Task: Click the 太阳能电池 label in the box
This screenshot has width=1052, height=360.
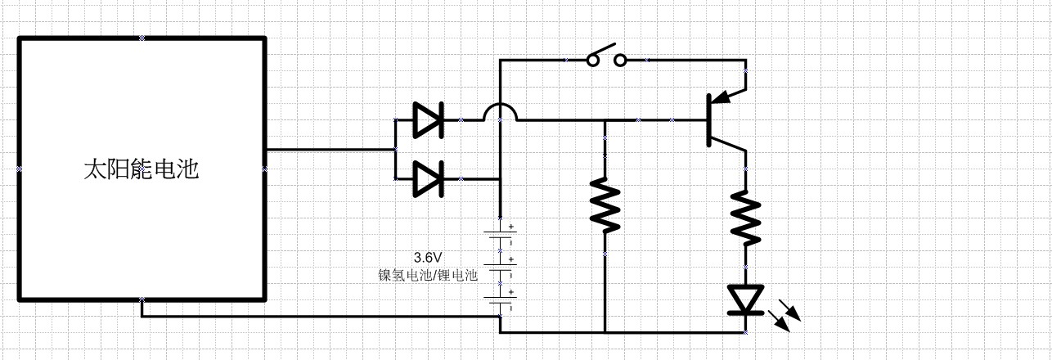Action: point(141,169)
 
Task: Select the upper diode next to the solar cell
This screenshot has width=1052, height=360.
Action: point(427,120)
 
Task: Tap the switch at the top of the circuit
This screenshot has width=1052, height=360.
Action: point(607,59)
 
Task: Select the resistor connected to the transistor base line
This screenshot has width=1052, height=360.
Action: point(605,204)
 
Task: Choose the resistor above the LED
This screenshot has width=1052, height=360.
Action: point(746,218)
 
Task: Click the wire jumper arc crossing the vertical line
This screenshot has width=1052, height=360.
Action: point(500,112)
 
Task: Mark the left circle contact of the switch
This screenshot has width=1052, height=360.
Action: point(593,60)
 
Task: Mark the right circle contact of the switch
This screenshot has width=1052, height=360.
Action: point(621,60)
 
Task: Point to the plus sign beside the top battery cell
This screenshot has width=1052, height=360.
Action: point(513,227)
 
